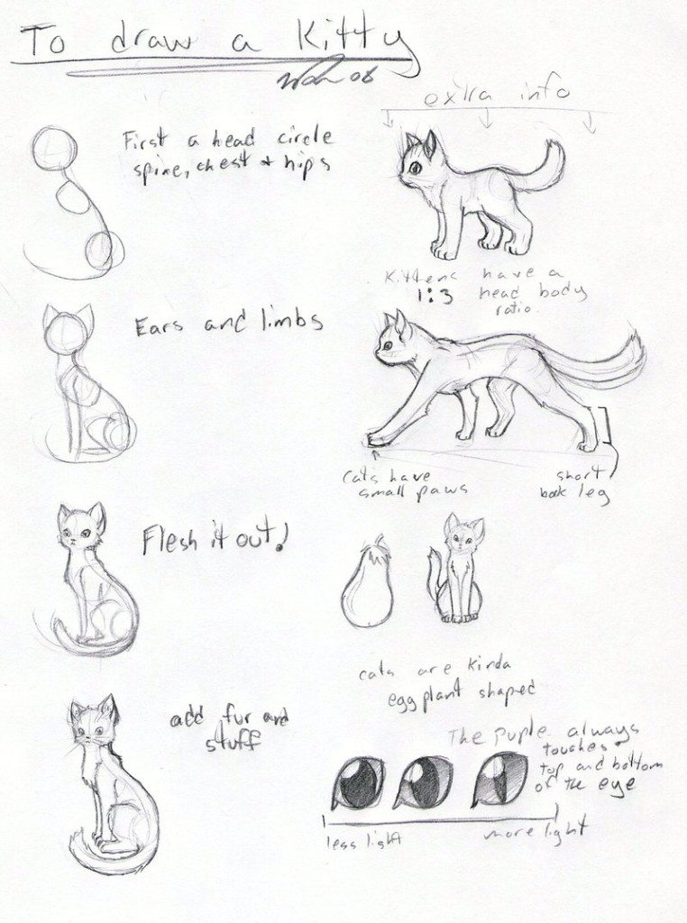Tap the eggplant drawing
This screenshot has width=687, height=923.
pos(366,593)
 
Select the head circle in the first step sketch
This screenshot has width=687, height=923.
pos(55,148)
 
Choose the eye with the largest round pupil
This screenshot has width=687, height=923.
pos(358,782)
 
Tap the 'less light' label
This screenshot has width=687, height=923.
pos(364,840)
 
